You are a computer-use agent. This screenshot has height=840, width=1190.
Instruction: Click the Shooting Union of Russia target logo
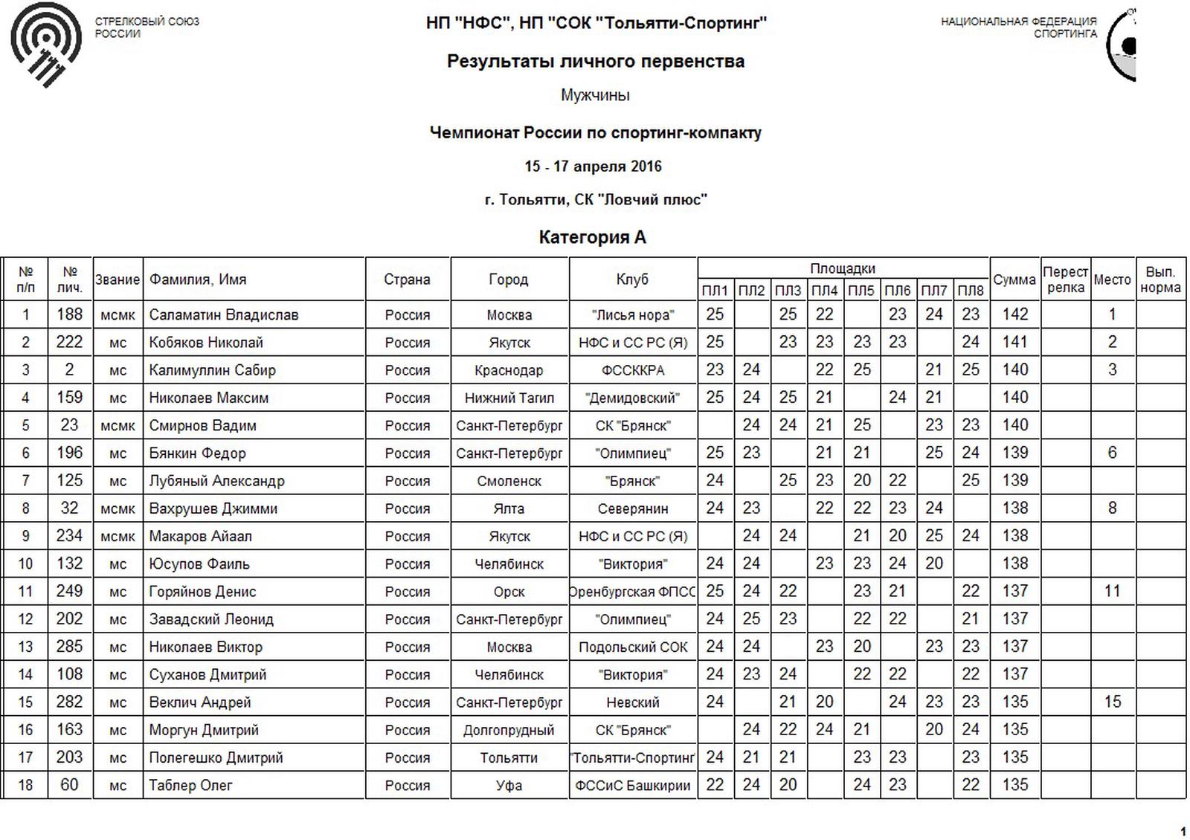click(x=46, y=43)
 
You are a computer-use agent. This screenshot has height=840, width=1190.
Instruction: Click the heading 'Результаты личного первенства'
click(x=595, y=62)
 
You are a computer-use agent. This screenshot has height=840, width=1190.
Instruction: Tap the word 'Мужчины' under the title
click(x=595, y=95)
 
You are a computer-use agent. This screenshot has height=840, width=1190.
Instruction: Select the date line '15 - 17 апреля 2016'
click(x=593, y=167)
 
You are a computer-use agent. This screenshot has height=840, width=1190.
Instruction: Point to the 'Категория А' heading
click(x=593, y=237)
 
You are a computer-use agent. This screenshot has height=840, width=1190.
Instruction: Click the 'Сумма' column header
click(x=1014, y=280)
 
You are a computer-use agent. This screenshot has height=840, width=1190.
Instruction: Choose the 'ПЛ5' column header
click(x=861, y=290)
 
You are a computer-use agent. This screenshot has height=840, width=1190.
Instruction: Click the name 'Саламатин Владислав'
click(x=223, y=315)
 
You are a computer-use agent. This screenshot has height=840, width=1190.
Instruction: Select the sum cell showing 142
click(x=1014, y=314)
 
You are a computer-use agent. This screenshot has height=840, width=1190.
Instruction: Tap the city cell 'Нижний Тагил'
click(x=509, y=398)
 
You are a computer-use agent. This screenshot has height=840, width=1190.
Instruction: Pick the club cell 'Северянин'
click(x=632, y=508)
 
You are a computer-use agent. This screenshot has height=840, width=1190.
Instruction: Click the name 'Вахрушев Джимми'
click(x=213, y=508)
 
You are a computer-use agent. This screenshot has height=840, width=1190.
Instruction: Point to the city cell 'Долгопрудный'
click(x=509, y=730)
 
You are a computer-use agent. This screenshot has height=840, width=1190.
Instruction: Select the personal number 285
click(x=69, y=647)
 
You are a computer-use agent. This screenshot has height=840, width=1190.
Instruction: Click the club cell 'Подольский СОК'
click(x=633, y=647)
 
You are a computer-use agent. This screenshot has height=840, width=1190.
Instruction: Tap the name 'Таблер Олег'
click(x=190, y=785)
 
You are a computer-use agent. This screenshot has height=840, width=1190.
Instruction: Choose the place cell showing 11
click(x=1112, y=592)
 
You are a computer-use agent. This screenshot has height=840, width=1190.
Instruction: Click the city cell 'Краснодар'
click(x=509, y=370)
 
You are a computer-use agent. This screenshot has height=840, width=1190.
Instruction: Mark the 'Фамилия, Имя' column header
click(x=197, y=280)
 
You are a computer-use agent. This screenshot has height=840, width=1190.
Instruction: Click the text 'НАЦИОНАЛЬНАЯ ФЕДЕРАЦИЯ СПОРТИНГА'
click(x=1018, y=28)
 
